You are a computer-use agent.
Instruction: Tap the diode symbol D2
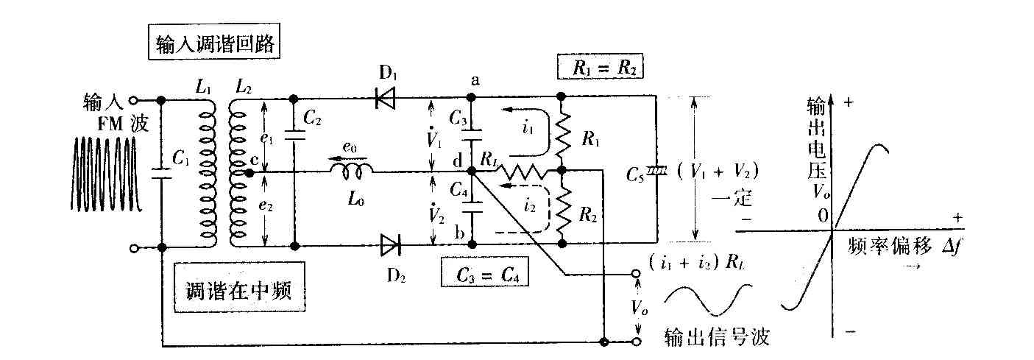391,245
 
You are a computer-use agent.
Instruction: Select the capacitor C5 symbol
656,172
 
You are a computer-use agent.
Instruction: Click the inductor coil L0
351,172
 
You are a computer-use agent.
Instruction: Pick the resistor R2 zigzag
562,212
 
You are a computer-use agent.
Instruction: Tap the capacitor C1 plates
162,174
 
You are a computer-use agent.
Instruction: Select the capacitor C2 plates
294,135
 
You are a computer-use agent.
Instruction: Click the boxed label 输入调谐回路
214,41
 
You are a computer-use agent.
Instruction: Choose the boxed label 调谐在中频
239,287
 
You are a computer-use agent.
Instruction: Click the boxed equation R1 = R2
600,68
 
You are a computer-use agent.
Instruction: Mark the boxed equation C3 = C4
485,274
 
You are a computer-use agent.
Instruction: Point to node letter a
475,81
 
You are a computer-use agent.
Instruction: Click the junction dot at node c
249,172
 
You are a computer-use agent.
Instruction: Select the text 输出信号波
717,337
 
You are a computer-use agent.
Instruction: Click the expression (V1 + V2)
718,172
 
